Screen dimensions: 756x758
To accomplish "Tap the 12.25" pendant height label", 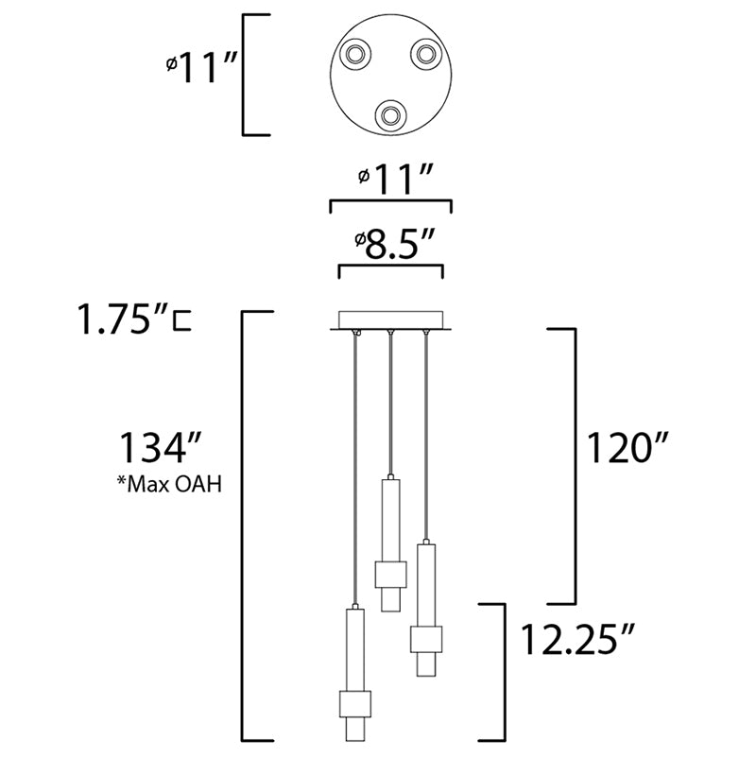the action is tap(576, 639).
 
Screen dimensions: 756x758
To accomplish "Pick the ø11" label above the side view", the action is tap(395, 179).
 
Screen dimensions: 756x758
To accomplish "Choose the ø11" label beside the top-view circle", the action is tap(201, 68).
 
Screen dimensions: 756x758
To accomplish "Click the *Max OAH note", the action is tap(170, 484).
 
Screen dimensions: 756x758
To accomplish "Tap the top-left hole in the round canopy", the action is tap(355, 53).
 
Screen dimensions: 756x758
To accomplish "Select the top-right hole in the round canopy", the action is tap(425, 53).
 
